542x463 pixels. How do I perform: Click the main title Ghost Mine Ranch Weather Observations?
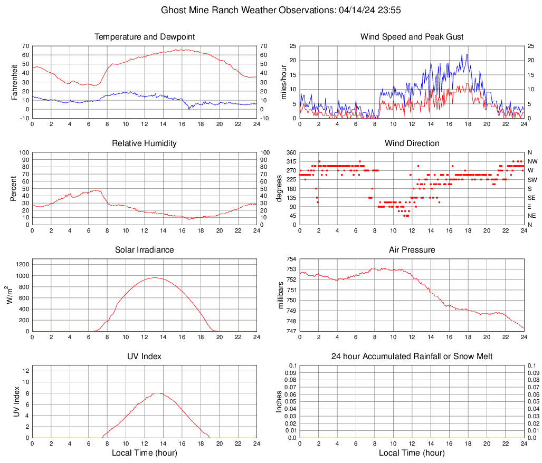(x=271, y=10)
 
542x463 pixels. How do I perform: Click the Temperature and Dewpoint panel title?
(x=145, y=37)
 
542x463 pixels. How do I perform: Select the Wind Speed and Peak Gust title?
(x=412, y=37)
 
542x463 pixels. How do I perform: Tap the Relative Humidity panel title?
(x=145, y=143)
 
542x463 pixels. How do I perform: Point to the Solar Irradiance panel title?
(x=145, y=250)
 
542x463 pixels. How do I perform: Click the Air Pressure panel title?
(x=412, y=250)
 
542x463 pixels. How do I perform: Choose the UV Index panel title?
(x=145, y=356)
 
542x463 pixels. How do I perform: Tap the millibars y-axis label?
(x=282, y=295)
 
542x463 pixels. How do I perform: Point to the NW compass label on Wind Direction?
(x=533, y=161)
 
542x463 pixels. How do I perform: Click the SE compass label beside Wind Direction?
(x=532, y=198)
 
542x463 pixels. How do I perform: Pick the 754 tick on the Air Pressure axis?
(x=291, y=259)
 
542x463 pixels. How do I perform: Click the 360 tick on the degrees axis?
(x=291, y=152)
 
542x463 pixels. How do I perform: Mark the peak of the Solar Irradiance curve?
(x=155, y=277)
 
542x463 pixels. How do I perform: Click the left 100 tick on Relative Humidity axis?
(x=24, y=152)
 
